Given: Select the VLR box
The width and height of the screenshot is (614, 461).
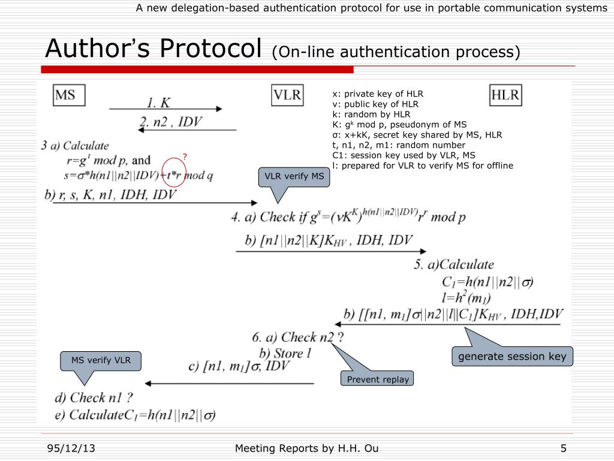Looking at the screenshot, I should (288, 95).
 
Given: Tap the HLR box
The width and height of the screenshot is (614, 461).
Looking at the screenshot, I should (505, 95).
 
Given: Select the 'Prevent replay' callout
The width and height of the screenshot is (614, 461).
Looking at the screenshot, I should (378, 379).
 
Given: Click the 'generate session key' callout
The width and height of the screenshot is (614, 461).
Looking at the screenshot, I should (512, 357).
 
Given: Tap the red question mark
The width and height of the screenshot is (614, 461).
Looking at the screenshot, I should (185, 157).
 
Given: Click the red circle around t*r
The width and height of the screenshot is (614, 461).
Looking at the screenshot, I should (172, 172).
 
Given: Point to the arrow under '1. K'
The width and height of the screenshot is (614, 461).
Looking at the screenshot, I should (165, 109).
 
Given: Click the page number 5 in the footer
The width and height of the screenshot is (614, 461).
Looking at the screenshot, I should (564, 448).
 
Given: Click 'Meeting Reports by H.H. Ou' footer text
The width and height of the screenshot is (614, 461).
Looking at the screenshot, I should (306, 448).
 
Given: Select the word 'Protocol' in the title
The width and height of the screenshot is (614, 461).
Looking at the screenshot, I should (213, 48).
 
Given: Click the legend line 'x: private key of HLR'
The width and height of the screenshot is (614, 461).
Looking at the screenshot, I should (378, 94).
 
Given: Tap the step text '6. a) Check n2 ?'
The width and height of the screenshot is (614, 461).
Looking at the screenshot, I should (297, 337).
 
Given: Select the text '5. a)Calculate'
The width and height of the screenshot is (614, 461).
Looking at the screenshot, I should (453, 265).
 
